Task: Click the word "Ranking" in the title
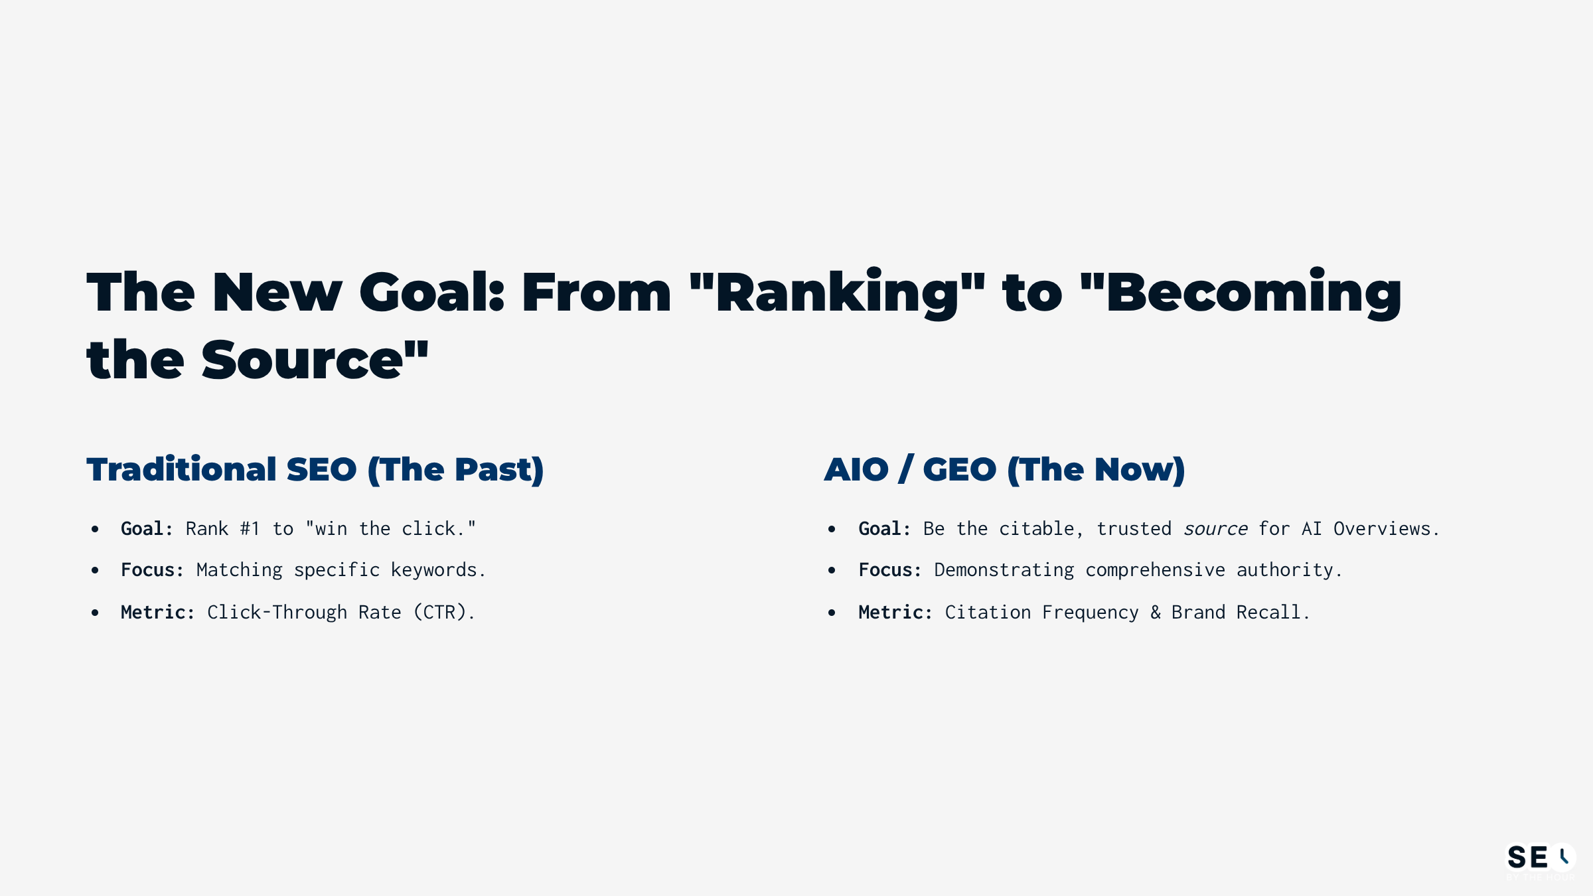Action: [838, 293]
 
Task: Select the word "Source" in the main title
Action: [302, 360]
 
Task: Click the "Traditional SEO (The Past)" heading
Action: [315, 470]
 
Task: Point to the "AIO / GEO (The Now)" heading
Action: [1004, 470]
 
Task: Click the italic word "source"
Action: [1215, 529]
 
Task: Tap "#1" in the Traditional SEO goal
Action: [250, 529]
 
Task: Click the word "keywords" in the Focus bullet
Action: [434, 570]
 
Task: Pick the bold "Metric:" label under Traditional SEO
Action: [157, 612]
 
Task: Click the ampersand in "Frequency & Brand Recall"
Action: [1156, 612]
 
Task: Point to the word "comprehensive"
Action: [1156, 570]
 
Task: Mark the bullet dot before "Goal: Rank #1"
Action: [95, 529]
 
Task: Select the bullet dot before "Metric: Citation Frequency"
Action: [832, 613]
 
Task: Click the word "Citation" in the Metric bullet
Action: [988, 612]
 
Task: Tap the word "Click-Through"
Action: [277, 612]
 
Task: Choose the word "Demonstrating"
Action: [1004, 570]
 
